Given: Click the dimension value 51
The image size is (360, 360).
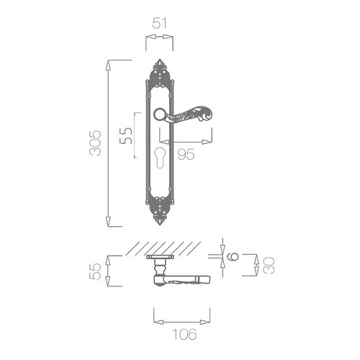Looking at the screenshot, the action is [x=159, y=24].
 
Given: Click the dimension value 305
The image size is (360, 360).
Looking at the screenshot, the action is [x=95, y=143].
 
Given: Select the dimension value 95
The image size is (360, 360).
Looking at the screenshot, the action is [x=186, y=154].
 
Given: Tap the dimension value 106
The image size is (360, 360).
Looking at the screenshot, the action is [x=185, y=334].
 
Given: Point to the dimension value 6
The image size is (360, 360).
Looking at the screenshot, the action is [x=233, y=256].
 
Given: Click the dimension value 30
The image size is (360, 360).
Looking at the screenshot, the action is [x=269, y=265].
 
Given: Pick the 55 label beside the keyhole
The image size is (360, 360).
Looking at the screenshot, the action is [x=126, y=135].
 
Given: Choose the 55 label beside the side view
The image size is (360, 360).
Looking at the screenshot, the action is [x=95, y=271].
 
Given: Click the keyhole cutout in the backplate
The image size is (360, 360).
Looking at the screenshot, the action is [x=160, y=158].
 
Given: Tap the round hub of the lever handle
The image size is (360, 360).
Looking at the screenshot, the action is [x=159, y=114].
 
